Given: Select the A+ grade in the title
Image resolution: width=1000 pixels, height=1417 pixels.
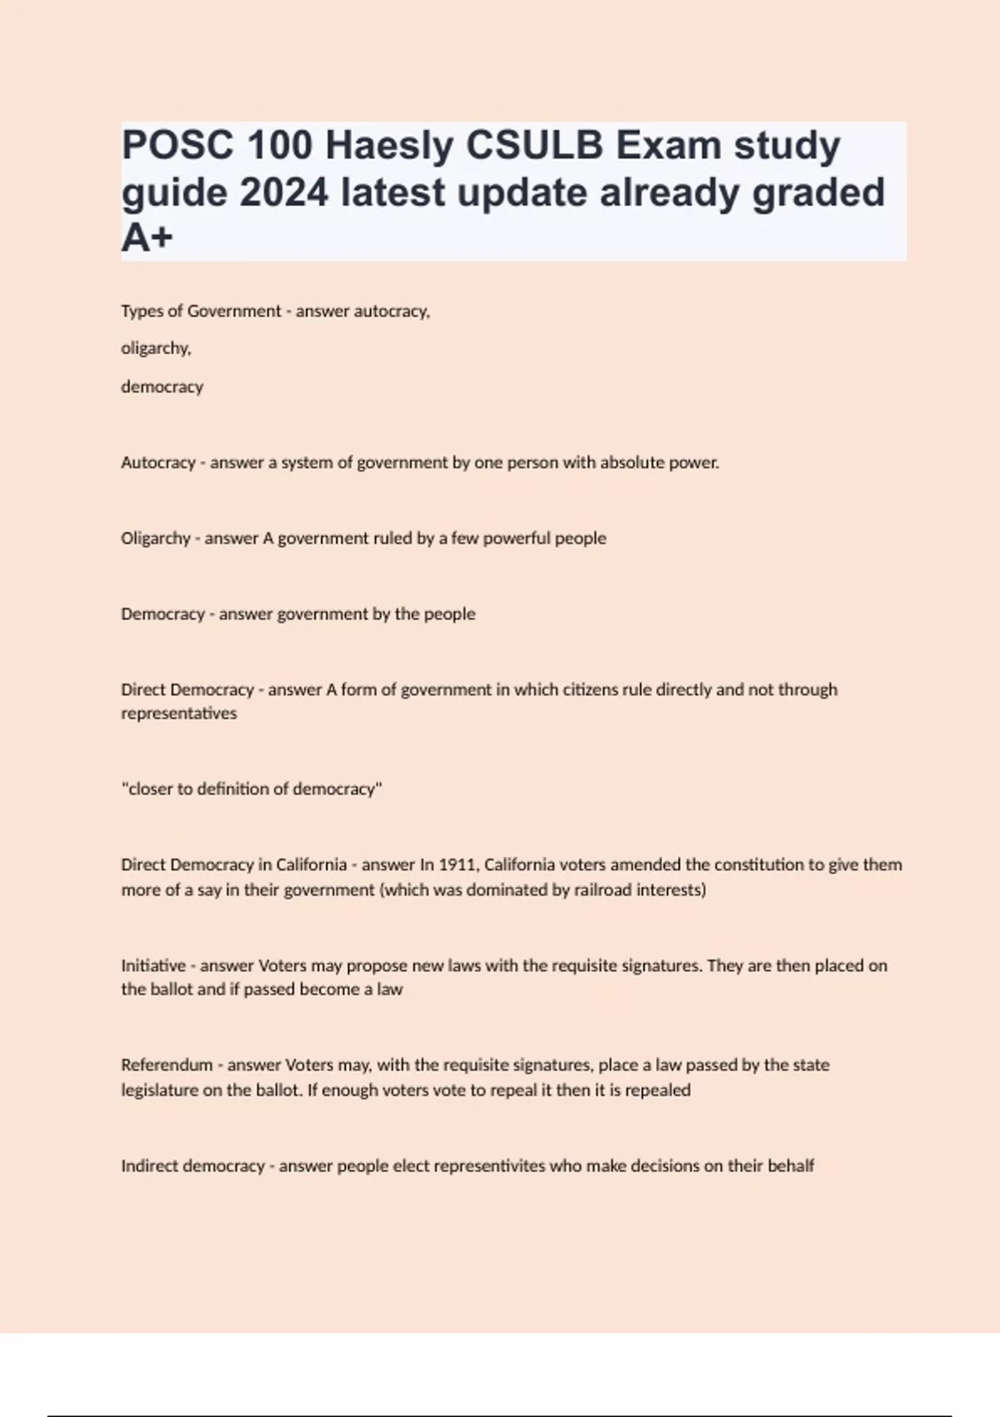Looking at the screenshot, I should click(147, 238).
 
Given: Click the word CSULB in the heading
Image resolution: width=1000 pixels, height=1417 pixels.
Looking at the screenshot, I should click(534, 146).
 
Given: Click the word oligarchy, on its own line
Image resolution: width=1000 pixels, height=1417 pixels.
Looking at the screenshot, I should click(156, 348).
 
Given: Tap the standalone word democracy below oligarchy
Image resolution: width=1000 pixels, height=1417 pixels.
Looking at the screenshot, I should click(162, 387).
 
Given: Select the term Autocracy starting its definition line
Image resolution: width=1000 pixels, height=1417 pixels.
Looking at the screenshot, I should click(157, 463).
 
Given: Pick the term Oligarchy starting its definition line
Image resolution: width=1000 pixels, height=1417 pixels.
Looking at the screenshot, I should click(156, 538).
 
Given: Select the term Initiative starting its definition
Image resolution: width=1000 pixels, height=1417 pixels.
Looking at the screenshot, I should click(153, 966).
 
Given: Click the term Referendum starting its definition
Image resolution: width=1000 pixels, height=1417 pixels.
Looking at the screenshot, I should click(167, 1065).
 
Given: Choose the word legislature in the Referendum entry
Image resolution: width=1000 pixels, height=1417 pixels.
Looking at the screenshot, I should click(160, 1090).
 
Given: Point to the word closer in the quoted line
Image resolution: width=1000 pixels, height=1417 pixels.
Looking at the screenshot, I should click(149, 789).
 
